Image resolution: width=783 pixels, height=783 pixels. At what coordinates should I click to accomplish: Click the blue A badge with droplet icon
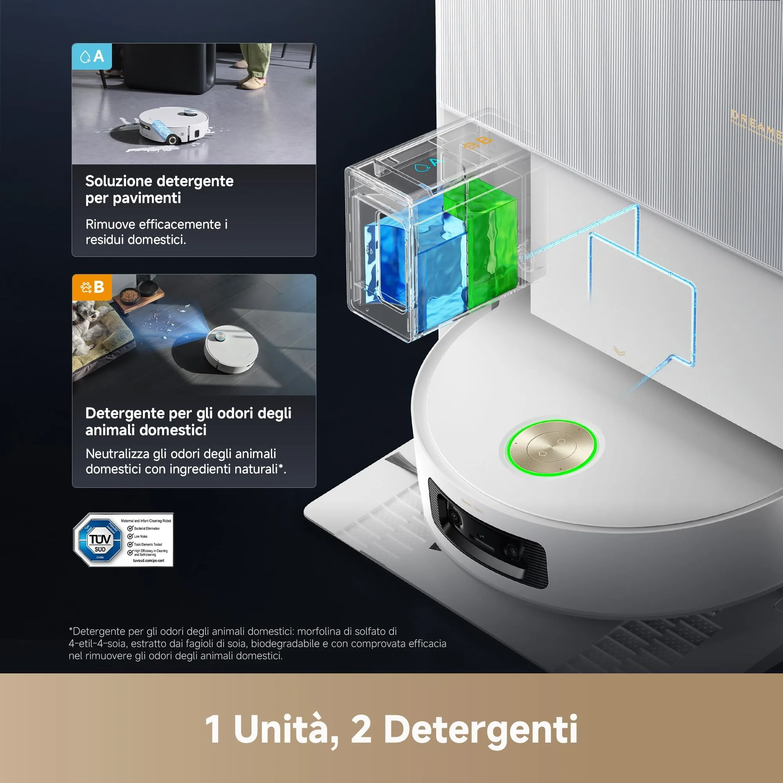pyautogui.click(x=92, y=56)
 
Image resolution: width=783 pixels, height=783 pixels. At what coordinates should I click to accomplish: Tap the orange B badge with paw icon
pyautogui.click(x=92, y=287)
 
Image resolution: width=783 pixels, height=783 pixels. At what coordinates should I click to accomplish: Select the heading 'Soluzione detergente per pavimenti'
pyautogui.click(x=159, y=189)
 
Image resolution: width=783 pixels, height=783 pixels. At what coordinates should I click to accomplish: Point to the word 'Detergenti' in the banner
pyautogui.click(x=481, y=729)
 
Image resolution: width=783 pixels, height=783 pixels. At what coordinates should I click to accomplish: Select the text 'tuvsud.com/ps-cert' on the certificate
pyautogui.click(x=148, y=561)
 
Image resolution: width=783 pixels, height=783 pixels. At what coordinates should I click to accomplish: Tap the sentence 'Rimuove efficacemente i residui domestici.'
pyautogui.click(x=157, y=232)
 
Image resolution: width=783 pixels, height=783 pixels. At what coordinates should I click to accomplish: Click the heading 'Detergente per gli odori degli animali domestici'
pyautogui.click(x=188, y=421)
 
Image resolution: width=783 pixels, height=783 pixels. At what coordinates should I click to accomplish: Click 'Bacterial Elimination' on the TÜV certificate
pyautogui.click(x=146, y=529)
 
